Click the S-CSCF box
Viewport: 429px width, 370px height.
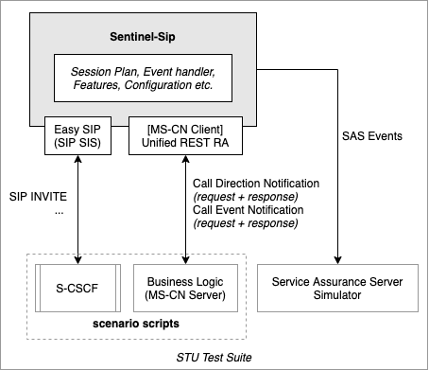[x=77, y=288]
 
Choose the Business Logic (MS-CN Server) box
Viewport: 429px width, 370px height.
[x=184, y=288]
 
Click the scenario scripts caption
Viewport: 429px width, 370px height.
[x=136, y=325]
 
